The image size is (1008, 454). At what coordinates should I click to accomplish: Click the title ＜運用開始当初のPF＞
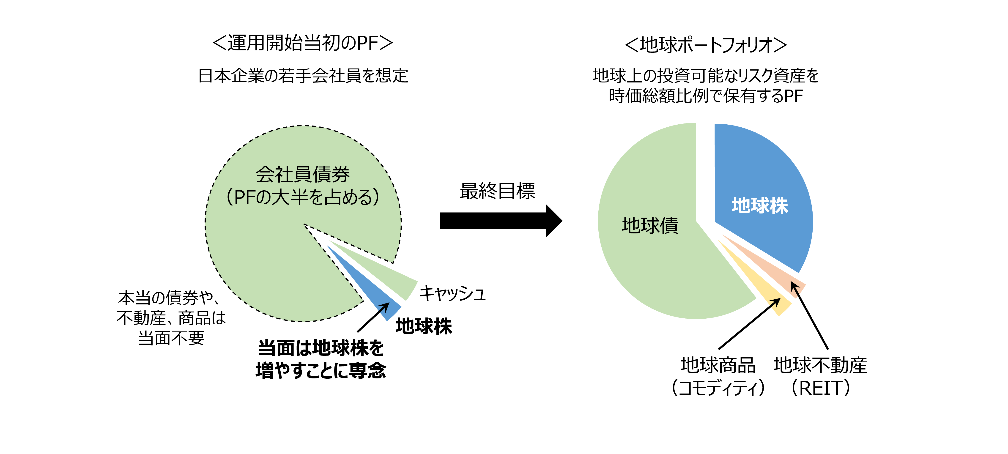302,43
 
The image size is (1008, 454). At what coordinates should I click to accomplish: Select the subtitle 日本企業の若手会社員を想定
303,76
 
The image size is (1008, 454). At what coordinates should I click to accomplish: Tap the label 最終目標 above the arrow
497,191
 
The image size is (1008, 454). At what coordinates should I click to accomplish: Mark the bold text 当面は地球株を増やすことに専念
321,359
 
